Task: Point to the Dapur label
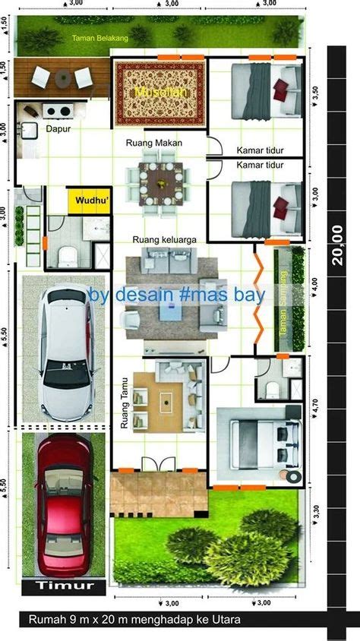[58, 129]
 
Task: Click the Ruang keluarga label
[164, 239]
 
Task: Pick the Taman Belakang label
[101, 37]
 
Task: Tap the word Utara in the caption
[226, 620]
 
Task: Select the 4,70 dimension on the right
[316, 408]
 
